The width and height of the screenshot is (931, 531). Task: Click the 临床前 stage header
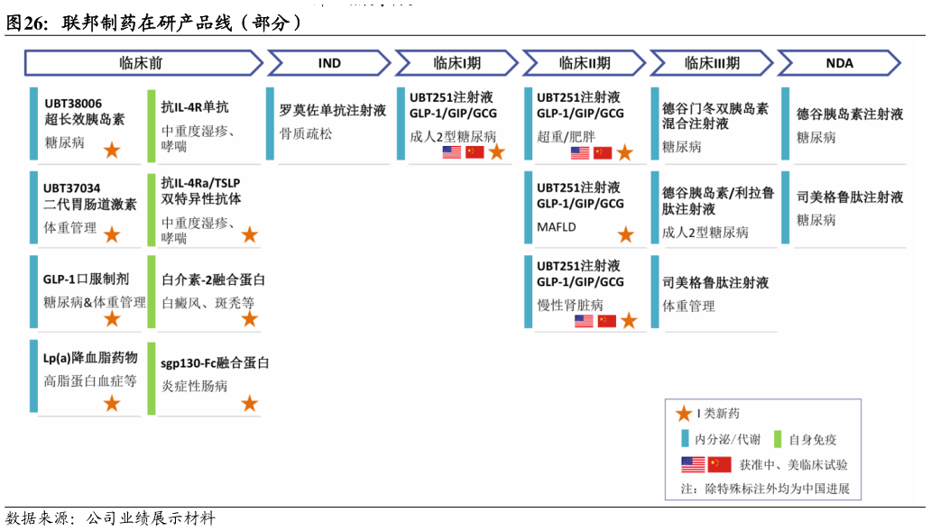coord(142,63)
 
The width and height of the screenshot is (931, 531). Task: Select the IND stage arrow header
coord(329,63)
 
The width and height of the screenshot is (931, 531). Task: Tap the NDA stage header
coord(838,63)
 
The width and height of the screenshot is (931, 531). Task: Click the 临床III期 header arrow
coord(711,63)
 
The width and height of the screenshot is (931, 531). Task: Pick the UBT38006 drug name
coord(73,103)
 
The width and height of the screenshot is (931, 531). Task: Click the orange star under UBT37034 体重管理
coord(111,235)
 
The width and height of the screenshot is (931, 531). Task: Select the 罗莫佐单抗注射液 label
coord(333,110)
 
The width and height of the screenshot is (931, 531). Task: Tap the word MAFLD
coord(556,226)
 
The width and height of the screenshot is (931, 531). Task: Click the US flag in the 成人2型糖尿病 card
coord(452,152)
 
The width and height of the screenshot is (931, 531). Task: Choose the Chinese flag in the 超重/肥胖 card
coord(602,152)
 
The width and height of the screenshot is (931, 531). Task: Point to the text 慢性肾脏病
coord(570,305)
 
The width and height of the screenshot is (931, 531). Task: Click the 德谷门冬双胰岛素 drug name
coord(714,108)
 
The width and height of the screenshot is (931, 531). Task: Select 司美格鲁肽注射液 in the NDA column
coord(849,197)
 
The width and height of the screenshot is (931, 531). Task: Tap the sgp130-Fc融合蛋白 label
coord(215,363)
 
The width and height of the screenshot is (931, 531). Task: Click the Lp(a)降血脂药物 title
coord(90,358)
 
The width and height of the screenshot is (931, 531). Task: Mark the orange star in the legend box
coord(685,414)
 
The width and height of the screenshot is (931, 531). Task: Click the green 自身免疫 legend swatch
coord(779,439)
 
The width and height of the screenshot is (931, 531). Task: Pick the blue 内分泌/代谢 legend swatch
coord(685,439)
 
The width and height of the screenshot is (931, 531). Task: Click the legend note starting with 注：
coord(764,490)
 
